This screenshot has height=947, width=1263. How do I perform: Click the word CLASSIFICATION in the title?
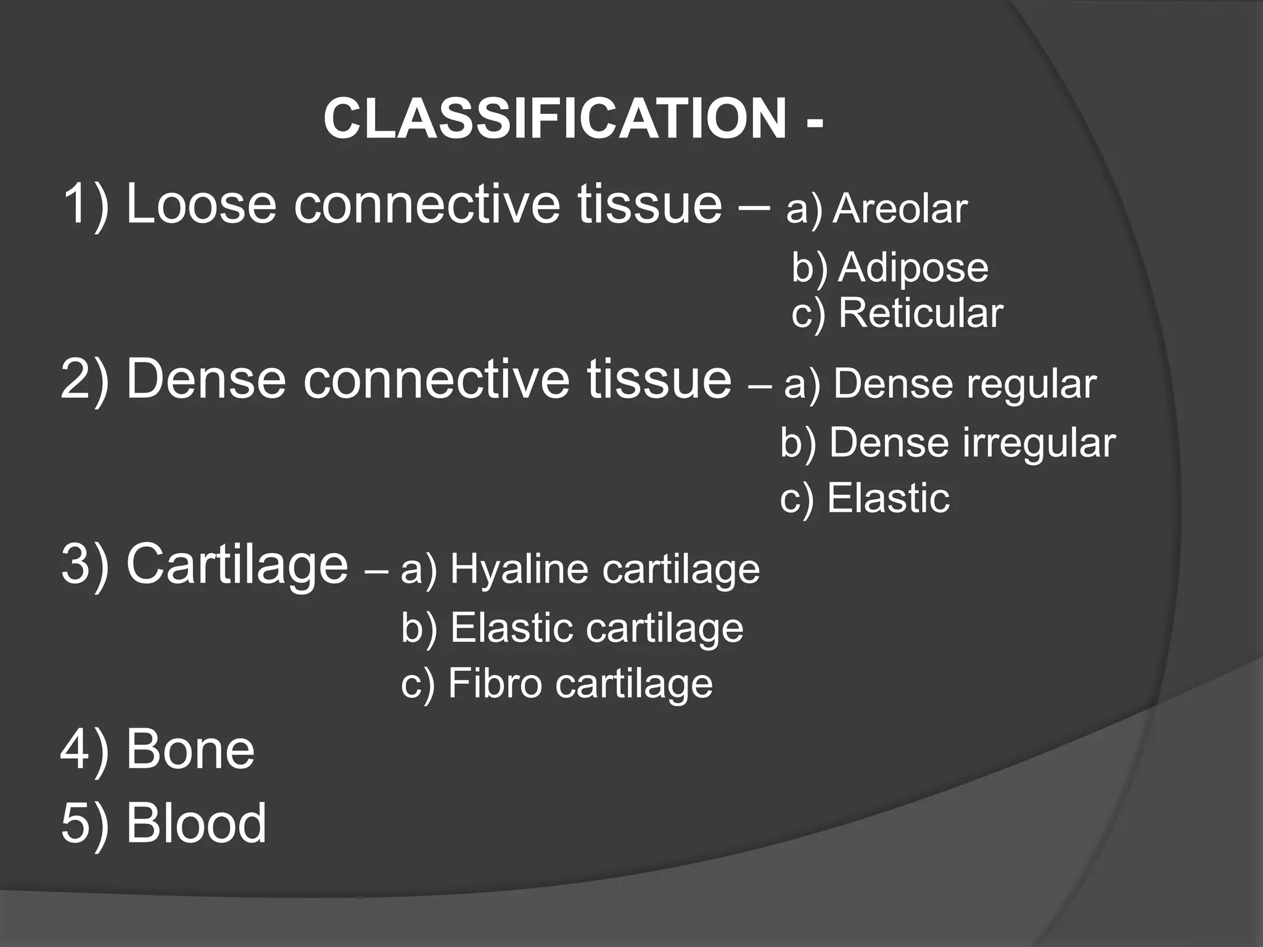[x=554, y=120]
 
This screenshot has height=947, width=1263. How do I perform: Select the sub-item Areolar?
[x=900, y=210]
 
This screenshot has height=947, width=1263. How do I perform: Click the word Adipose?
[x=913, y=268]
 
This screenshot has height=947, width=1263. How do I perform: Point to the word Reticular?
[x=921, y=313]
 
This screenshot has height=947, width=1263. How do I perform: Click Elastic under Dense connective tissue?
[x=887, y=498]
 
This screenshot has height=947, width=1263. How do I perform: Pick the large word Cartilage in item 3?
[x=237, y=565]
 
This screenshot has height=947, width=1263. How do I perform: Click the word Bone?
[x=190, y=750]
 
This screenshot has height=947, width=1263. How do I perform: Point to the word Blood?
[x=196, y=823]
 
